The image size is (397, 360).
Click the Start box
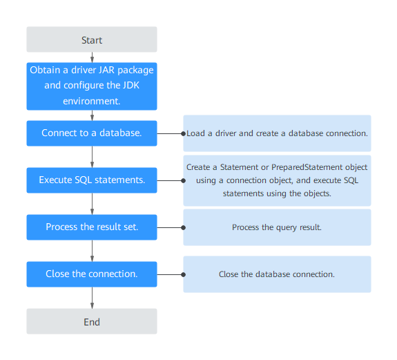tap(92, 39)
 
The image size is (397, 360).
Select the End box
tap(92, 321)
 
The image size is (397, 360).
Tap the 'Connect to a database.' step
tap(92, 133)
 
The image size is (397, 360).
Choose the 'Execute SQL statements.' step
tap(92, 180)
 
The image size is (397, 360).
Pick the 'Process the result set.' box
tap(92, 227)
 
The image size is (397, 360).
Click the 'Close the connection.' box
tap(92, 274)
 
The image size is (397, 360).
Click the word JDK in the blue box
tap(131, 86)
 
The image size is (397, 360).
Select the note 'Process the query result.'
tap(277, 227)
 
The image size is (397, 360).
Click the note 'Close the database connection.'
tap(277, 274)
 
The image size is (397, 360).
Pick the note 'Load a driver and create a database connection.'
tap(277, 133)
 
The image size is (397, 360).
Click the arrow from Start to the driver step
tap(92, 57)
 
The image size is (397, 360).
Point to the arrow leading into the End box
tap(92, 298)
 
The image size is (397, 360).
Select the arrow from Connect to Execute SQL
tap(92, 157)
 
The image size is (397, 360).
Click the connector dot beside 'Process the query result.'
tap(183, 227)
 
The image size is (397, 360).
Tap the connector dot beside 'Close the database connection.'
tap(183, 274)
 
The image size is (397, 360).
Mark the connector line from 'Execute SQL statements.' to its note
tap(170, 180)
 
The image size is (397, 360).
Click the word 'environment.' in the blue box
tap(92, 102)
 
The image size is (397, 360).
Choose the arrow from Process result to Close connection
tap(92, 251)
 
